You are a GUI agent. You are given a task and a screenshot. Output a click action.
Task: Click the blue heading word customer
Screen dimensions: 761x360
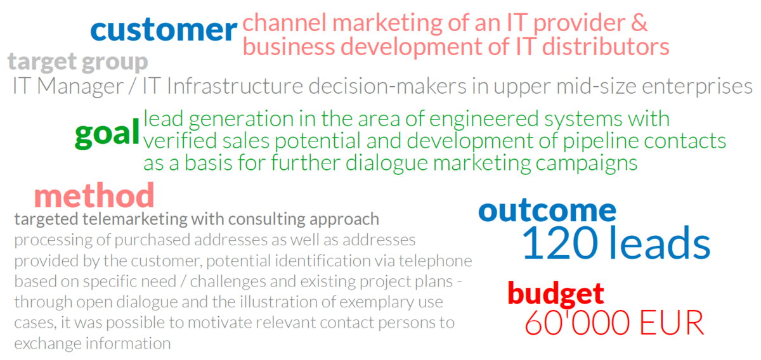tap(164, 30)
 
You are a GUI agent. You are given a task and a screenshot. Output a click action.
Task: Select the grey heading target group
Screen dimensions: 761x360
tap(78, 62)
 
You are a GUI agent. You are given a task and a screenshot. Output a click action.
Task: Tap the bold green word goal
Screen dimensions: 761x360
tap(107, 134)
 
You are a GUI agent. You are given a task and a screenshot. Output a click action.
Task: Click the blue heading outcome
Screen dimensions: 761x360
tap(547, 210)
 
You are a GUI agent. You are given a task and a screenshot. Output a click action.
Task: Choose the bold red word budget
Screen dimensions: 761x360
tap(556, 294)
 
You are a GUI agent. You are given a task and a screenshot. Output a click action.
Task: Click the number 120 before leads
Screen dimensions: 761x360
tap(560, 243)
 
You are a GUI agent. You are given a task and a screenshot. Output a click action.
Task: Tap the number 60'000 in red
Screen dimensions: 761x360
tap(577, 323)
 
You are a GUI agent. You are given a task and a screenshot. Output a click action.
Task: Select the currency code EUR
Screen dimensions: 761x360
tap(672, 323)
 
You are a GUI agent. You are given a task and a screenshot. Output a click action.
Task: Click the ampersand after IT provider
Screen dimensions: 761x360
tap(639, 23)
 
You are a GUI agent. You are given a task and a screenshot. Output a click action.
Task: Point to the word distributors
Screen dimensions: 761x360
tap(606, 47)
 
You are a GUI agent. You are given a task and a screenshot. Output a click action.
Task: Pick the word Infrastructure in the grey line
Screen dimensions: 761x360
tap(235, 86)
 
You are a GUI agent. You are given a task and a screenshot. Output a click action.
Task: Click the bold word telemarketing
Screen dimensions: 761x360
tap(135, 219)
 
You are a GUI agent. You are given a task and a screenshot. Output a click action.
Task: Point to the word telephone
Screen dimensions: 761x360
tap(435, 261)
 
